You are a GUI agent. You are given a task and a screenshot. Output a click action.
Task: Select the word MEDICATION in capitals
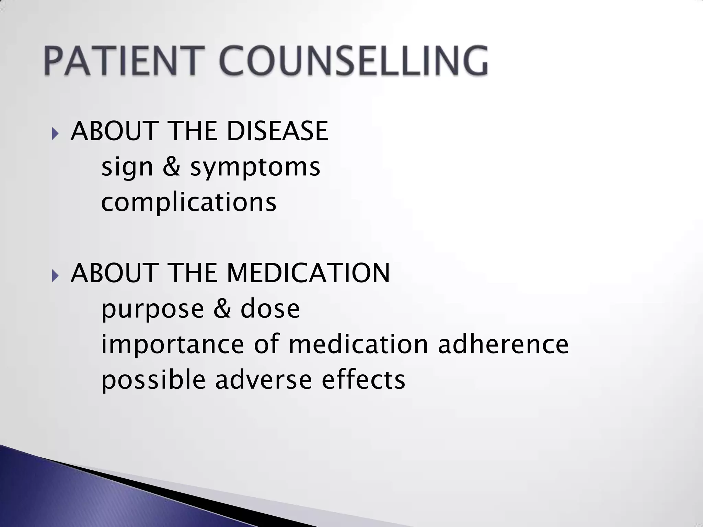coord(308,273)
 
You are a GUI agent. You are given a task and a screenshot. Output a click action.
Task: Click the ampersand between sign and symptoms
coord(171,167)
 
